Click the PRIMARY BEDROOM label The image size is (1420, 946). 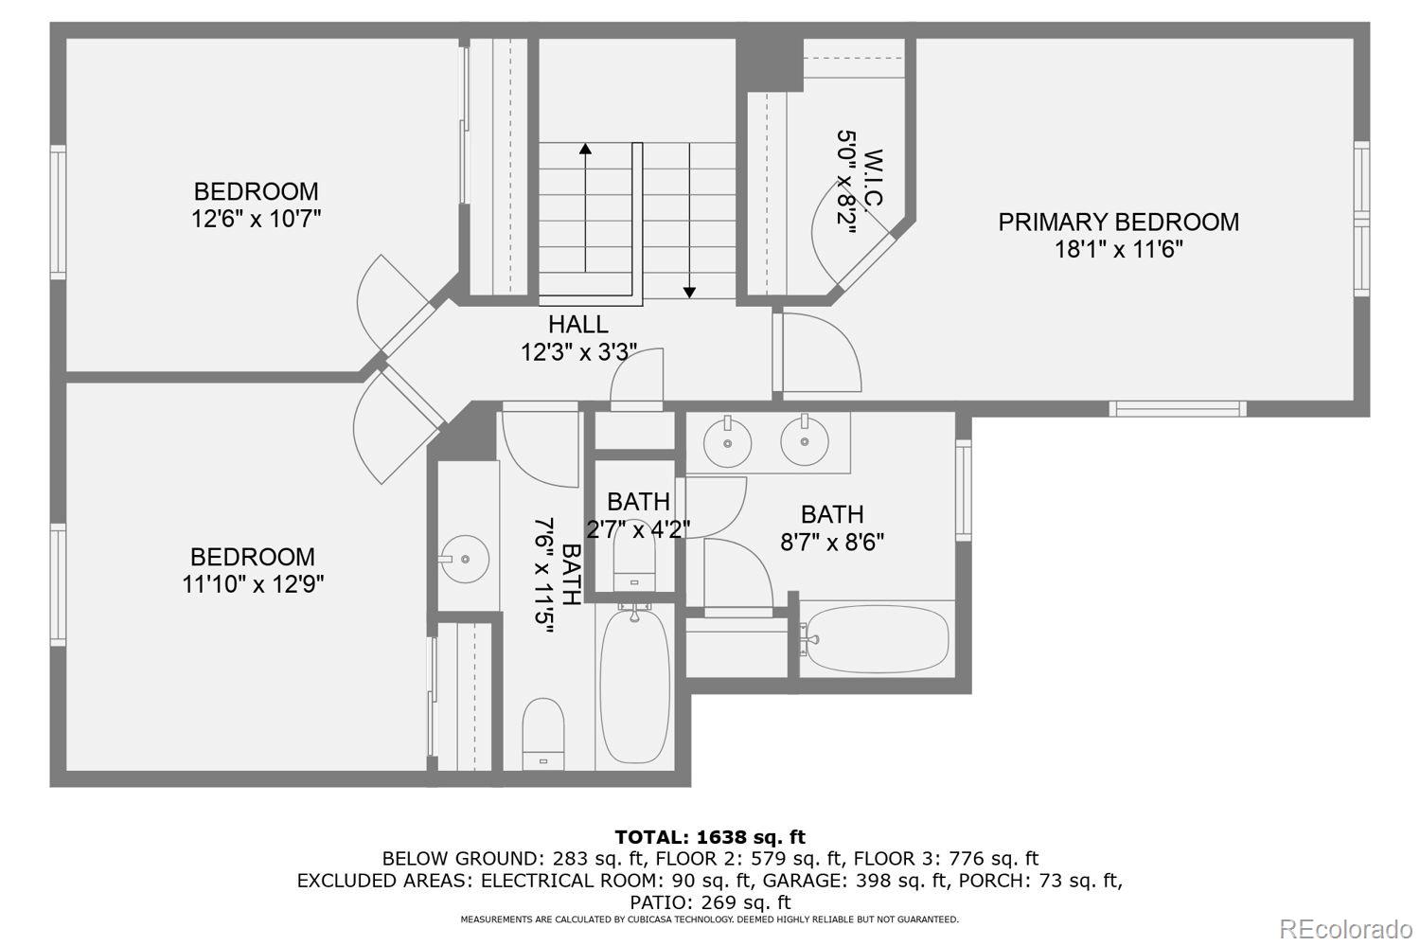click(x=1118, y=222)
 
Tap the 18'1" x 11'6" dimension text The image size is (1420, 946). click(x=1118, y=250)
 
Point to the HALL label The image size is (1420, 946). click(x=577, y=325)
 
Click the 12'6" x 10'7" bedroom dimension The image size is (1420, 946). click(x=256, y=219)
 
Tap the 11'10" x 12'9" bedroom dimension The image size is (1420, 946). click(x=253, y=584)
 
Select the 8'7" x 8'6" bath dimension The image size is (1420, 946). click(x=832, y=543)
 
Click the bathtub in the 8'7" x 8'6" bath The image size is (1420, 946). click(x=876, y=639)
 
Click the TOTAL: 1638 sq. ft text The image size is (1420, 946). click(x=709, y=837)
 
